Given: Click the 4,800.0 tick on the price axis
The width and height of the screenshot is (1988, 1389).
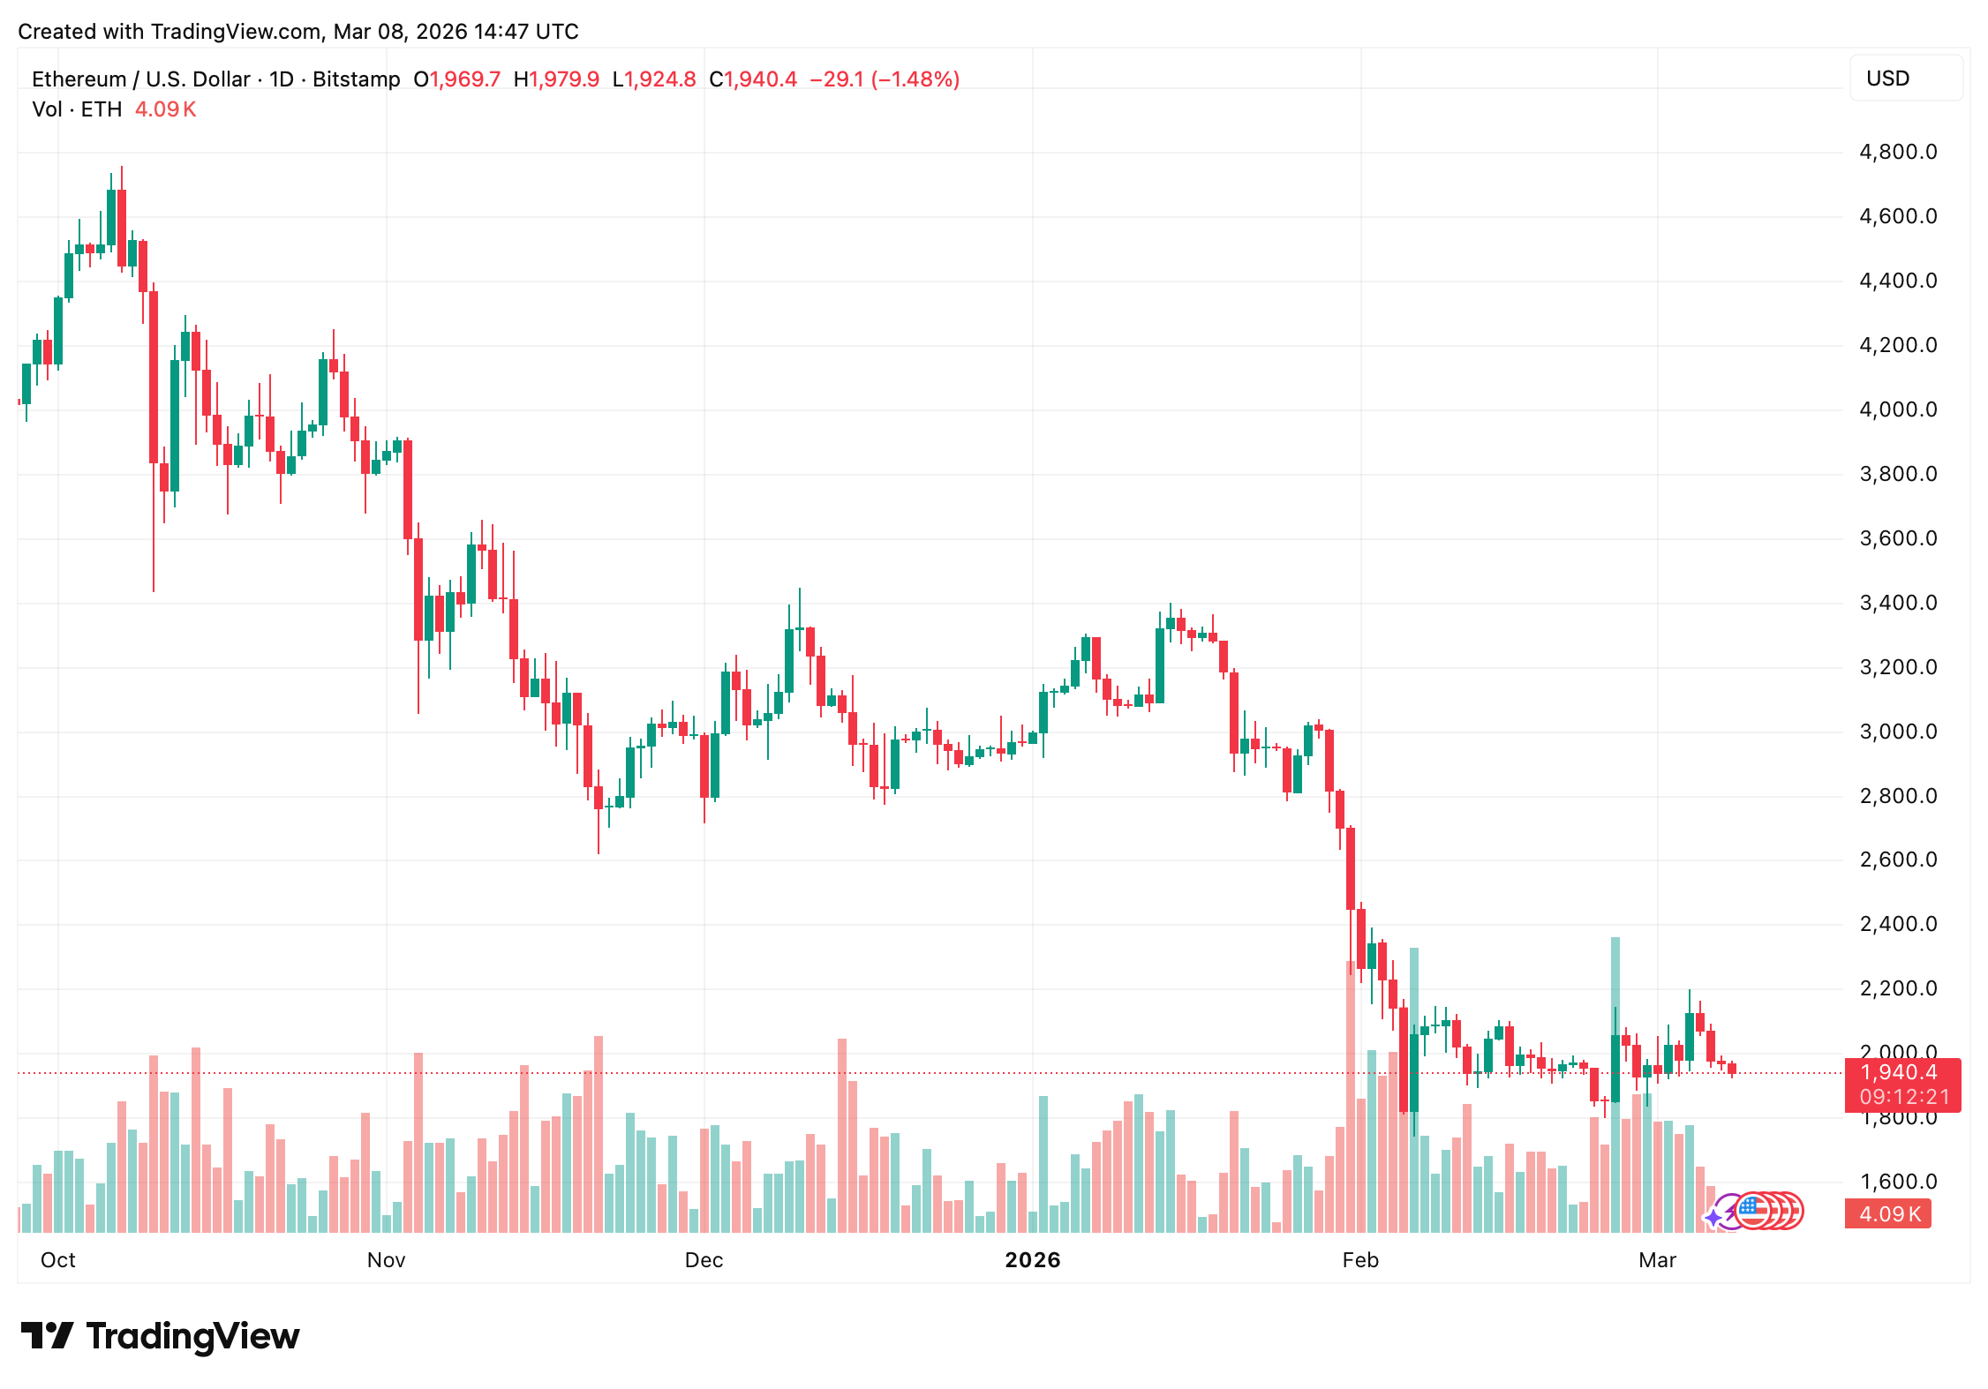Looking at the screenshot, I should [1898, 152].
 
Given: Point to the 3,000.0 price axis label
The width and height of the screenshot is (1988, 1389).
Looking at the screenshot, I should [1898, 732].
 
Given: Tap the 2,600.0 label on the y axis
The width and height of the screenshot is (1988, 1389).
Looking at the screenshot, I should [1898, 860].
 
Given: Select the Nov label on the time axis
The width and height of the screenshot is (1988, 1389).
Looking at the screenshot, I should [386, 1260].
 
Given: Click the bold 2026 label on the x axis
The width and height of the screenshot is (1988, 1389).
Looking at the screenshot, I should [1032, 1260].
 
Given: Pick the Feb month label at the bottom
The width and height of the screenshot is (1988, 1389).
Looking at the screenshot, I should [1359, 1260].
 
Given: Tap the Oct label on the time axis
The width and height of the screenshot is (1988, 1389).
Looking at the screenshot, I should [58, 1260].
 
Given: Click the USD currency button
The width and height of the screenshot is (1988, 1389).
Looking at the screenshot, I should [1905, 79].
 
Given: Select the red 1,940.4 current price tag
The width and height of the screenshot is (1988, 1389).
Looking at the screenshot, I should [1901, 1073].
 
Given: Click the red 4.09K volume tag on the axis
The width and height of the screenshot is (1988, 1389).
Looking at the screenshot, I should [1889, 1214].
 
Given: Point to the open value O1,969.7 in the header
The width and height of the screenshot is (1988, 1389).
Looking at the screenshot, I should [457, 79].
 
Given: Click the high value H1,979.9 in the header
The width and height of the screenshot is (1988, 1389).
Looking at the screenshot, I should [556, 79].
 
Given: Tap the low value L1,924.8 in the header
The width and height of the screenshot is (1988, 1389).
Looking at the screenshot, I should [654, 79].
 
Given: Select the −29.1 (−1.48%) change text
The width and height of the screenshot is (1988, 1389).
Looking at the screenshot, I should [885, 79].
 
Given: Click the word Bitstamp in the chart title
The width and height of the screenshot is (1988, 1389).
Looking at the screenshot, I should [357, 79].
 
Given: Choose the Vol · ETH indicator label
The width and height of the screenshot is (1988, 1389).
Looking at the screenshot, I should [77, 109].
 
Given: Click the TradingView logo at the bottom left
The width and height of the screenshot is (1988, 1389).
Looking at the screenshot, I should [160, 1336].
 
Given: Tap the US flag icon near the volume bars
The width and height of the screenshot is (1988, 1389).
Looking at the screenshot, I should [1753, 1211].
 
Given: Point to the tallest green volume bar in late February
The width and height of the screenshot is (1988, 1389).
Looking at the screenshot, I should [1615, 1085].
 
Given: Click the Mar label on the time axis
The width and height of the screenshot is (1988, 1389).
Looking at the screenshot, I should [1657, 1260].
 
